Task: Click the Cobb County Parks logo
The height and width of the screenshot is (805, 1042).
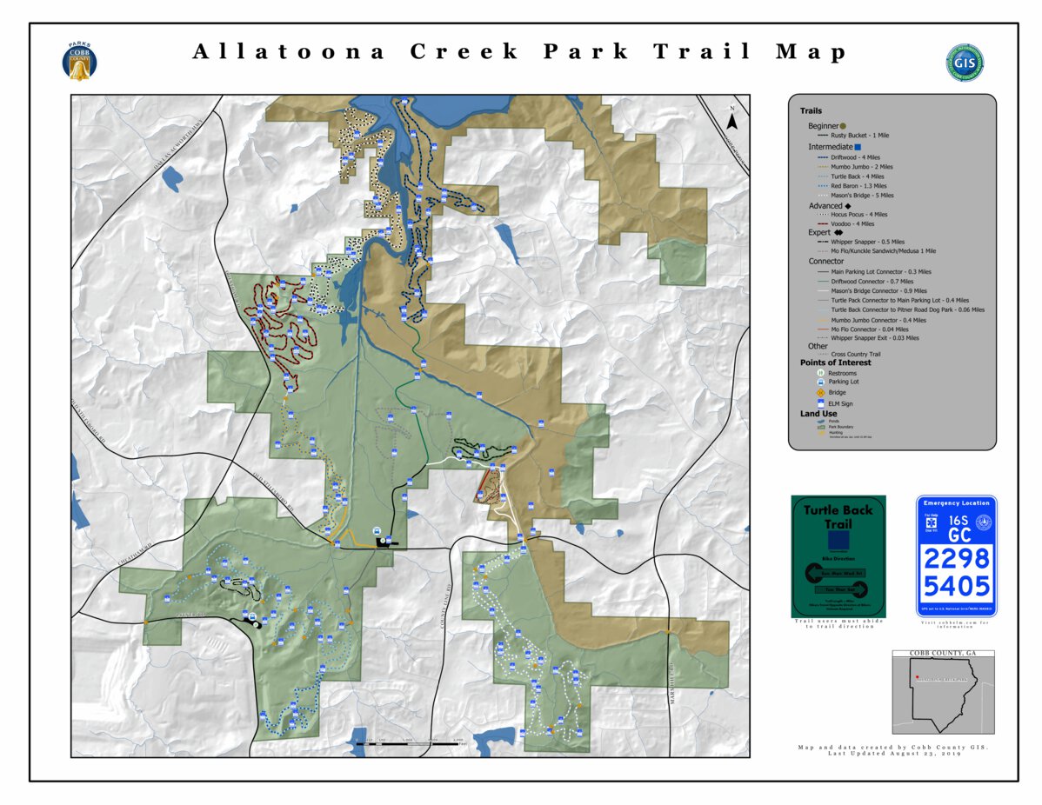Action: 79,61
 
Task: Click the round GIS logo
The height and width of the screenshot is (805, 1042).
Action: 964,63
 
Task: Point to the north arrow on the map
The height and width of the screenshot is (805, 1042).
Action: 732,119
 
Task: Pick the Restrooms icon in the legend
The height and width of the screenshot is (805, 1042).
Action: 820,373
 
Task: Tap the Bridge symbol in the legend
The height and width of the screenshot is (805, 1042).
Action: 820,392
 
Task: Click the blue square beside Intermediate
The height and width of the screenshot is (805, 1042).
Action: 858,147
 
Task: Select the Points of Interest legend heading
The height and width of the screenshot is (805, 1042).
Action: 835,363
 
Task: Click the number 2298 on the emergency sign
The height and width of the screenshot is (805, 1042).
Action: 956,557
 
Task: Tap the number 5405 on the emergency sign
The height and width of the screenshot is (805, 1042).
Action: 956,585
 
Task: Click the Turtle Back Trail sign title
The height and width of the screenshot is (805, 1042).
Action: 838,516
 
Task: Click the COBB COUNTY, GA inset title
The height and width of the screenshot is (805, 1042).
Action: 943,654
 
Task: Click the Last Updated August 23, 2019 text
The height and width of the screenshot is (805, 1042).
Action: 893,754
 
